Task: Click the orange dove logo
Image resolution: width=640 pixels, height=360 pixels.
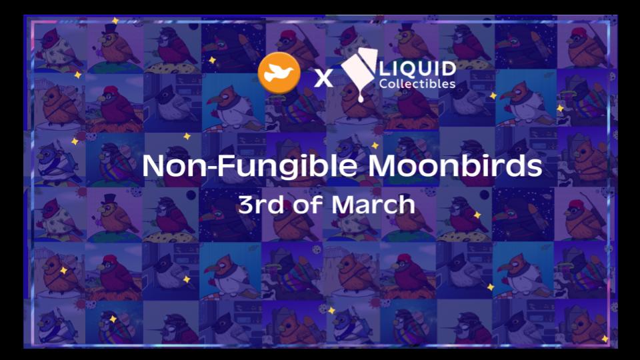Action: click(x=279, y=73)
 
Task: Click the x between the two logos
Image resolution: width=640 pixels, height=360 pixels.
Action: click(x=323, y=78)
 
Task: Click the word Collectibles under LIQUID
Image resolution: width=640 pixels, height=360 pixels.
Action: click(x=417, y=84)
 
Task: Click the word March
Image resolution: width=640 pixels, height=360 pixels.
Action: click(x=373, y=204)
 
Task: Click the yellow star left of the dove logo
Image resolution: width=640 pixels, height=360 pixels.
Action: click(x=212, y=61)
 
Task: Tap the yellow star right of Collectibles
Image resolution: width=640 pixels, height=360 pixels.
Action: click(x=493, y=95)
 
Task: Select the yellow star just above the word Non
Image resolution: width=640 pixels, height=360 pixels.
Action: click(x=187, y=136)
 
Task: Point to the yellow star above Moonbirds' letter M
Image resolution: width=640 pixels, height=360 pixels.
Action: click(x=375, y=145)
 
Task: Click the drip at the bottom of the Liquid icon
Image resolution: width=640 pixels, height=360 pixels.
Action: click(x=361, y=97)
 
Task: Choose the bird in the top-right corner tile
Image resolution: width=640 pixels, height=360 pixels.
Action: click(x=585, y=46)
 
